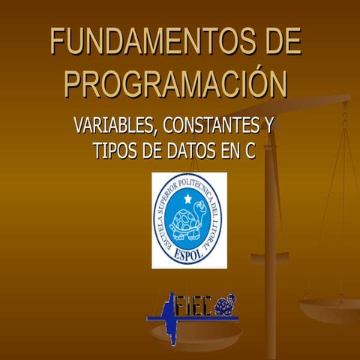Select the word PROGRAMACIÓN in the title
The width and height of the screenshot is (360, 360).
coord(175,83)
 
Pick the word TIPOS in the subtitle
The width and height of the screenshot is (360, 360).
coord(114,150)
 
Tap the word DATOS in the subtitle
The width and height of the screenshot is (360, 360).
coord(184,150)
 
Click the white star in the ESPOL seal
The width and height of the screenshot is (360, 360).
coord(188,199)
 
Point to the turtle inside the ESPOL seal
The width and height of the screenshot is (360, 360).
coord(187,223)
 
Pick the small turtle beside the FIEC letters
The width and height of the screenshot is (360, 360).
coord(226,304)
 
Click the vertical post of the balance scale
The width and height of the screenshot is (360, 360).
coord(271,225)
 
